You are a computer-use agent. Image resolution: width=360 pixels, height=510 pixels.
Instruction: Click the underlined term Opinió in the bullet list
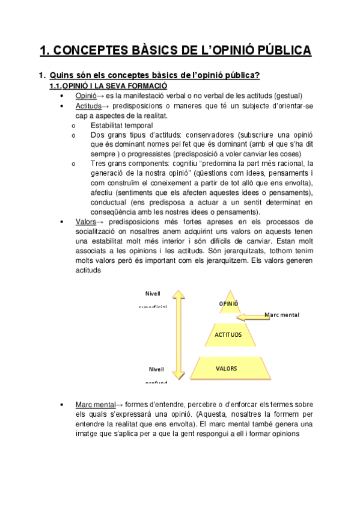coord(85,96)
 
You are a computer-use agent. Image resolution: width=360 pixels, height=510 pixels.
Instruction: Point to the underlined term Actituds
coord(89,106)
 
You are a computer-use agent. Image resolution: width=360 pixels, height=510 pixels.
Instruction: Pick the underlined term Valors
coord(86,222)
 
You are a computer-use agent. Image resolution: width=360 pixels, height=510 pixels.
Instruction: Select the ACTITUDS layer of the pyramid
coord(228,334)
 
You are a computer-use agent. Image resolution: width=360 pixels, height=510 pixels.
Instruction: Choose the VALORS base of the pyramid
coord(227,368)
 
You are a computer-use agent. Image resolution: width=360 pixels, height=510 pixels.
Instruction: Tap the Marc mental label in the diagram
coord(282,315)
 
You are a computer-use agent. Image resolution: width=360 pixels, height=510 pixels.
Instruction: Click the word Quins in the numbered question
coord(61,75)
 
